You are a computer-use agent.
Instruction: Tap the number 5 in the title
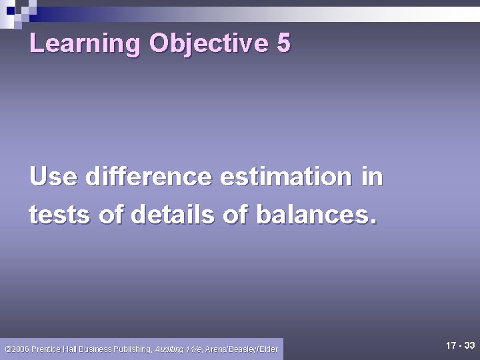[283, 44]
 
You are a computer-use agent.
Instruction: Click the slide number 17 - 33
[460, 345]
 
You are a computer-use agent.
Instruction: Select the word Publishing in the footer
[133, 349]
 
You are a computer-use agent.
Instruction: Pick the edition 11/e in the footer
[194, 349]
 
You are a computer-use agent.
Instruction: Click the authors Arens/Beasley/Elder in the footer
[241, 349]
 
